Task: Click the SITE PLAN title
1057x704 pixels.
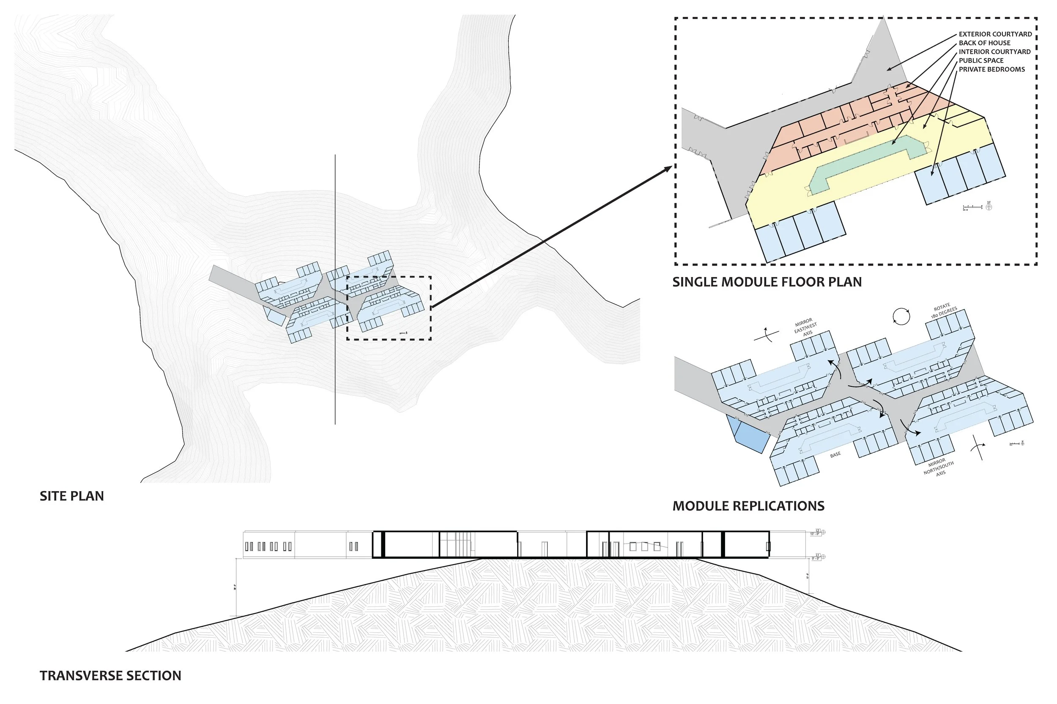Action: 72,496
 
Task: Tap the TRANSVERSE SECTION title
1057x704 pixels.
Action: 110,676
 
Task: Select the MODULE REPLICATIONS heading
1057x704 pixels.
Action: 748,506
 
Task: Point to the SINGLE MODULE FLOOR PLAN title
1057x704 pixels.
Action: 767,282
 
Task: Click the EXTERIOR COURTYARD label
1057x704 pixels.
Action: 995,34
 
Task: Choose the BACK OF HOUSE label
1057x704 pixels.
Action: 984,43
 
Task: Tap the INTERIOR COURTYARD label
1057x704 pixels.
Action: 994,52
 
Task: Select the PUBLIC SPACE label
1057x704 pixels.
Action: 981,61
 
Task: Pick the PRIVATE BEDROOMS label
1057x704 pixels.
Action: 991,70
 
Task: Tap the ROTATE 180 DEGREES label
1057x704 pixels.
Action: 943,311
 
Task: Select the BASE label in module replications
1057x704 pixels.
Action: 835,455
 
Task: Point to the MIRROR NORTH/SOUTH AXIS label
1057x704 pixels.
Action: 938,468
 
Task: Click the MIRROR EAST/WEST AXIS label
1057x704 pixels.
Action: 805,327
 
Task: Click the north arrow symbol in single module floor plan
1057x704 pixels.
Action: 988,207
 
